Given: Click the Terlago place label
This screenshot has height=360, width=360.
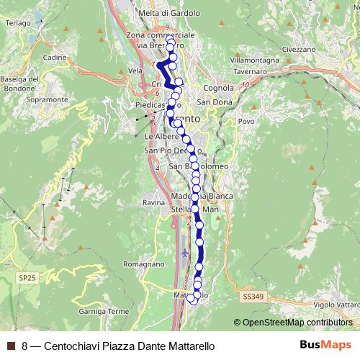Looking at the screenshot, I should coord(18,22).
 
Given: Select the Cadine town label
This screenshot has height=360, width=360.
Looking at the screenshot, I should coord(55,57).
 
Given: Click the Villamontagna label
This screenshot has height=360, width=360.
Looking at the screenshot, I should coord(255,60).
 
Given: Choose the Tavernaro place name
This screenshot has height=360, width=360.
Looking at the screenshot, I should coord(250,72).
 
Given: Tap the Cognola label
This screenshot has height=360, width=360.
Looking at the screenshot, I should coord(218,88).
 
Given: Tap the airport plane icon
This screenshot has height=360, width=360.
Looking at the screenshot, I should coord(186,253).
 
